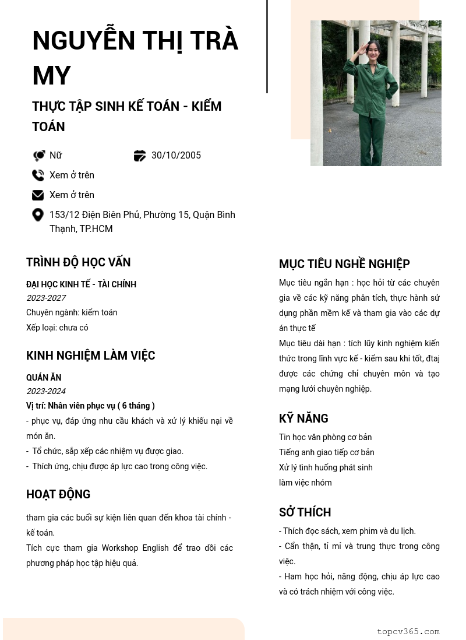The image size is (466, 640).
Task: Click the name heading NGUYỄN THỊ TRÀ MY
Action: pyautogui.click(x=135, y=58)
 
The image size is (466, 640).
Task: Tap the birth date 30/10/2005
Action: pyautogui.click(x=176, y=156)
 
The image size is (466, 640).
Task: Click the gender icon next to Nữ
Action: pyautogui.click(x=38, y=156)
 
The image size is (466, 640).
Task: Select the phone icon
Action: pyautogui.click(x=38, y=175)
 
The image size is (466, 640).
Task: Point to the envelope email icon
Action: pyautogui.click(x=38, y=195)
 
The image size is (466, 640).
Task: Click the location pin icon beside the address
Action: pyautogui.click(x=38, y=215)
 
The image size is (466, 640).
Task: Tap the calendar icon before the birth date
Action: pyautogui.click(x=140, y=156)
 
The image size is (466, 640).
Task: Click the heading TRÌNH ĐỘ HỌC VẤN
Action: pyautogui.click(x=78, y=262)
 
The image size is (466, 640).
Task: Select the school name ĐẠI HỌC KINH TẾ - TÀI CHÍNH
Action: pyautogui.click(x=81, y=284)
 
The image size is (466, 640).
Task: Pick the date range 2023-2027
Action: pyautogui.click(x=46, y=298)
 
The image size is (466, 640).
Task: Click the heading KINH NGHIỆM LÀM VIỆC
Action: pyautogui.click(x=90, y=356)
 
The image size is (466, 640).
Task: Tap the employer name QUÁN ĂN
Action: pyautogui.click(x=44, y=378)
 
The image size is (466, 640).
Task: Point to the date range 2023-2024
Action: pyautogui.click(x=46, y=391)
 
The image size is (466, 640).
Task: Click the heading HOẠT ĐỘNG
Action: pyautogui.click(x=58, y=494)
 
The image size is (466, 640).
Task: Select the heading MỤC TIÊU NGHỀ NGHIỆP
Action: pyautogui.click(x=344, y=264)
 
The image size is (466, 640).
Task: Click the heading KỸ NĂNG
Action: pyautogui.click(x=303, y=419)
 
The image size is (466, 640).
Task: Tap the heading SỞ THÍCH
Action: pyautogui.click(x=305, y=512)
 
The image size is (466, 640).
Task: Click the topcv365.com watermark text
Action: pyautogui.click(x=408, y=631)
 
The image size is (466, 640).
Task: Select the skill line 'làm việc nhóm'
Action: pyautogui.click(x=305, y=483)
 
